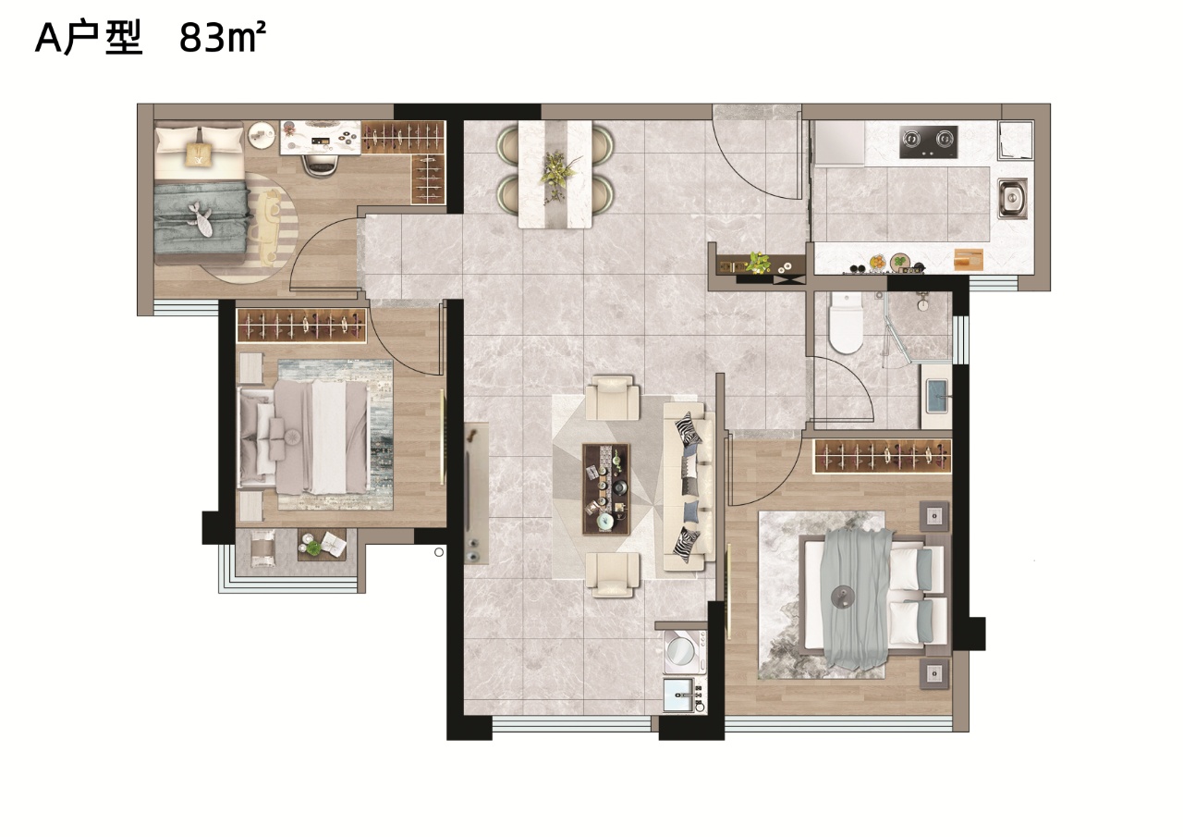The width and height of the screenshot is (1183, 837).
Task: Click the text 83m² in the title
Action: pyautogui.click(x=223, y=38)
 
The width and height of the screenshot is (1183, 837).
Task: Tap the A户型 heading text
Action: pyautogui.click(x=89, y=39)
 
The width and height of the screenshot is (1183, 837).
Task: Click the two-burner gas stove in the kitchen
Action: pyautogui.click(x=929, y=142)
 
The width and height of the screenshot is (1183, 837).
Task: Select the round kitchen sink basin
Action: pyautogui.click(x=1012, y=198)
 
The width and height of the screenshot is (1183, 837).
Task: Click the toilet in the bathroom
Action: pyautogui.click(x=845, y=323)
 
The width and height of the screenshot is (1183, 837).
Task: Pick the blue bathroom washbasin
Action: pyautogui.click(x=937, y=396)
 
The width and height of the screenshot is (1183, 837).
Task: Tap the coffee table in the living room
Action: pyautogui.click(x=605, y=488)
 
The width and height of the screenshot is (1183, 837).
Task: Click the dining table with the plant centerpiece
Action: pyautogui.click(x=555, y=175)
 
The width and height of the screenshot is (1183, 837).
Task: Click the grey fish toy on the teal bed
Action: pyautogui.click(x=201, y=220)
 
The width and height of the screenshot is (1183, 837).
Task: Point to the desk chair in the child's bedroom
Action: pyautogui.click(x=321, y=164)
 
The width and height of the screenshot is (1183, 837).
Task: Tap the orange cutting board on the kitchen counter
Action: pyautogui.click(x=968, y=260)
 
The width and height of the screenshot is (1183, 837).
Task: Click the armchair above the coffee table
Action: pyautogui.click(x=612, y=398)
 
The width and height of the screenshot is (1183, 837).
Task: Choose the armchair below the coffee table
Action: pyautogui.click(x=612, y=575)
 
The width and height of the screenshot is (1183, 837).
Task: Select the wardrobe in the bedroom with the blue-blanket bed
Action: pyautogui.click(x=882, y=456)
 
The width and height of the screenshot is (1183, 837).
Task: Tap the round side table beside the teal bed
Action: pyautogui.click(x=262, y=134)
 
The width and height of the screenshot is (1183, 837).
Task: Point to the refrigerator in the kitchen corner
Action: pyautogui.click(x=838, y=142)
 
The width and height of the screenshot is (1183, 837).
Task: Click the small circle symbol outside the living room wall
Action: pyautogui.click(x=439, y=552)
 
